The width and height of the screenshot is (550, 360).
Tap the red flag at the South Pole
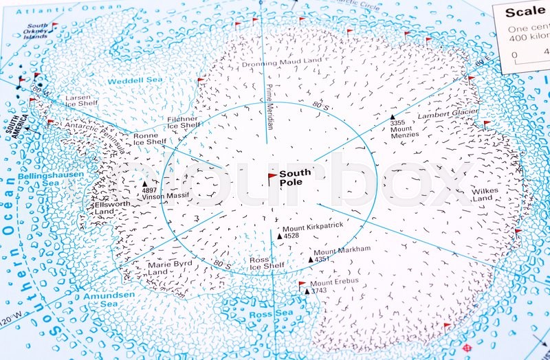(272, 177)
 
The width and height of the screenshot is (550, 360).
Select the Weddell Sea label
(135, 80)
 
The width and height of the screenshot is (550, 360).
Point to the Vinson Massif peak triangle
(144, 184)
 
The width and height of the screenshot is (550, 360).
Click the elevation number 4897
(150, 190)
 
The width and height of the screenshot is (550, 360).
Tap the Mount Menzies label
(401, 132)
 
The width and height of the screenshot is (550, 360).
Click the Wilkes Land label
(482, 194)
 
